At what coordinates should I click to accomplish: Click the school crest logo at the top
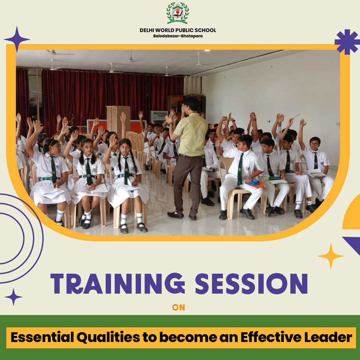point(178,13)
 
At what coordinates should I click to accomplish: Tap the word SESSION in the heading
point(251,284)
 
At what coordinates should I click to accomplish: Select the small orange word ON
point(178,308)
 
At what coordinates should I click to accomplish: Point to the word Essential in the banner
point(43,337)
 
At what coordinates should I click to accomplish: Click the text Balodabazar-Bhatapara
point(178,36)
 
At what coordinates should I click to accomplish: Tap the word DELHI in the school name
point(148,30)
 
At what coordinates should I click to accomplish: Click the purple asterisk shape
point(348,42)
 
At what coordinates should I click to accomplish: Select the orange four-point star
point(331,256)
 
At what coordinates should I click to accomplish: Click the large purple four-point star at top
point(17,39)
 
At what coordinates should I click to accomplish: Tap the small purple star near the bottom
point(13,297)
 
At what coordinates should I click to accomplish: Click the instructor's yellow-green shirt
point(191,135)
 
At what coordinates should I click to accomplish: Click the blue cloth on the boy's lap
point(252,183)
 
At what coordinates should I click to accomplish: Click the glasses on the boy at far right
point(314,144)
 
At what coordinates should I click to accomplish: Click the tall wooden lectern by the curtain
point(118,120)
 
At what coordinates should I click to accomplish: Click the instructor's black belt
point(190,156)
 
